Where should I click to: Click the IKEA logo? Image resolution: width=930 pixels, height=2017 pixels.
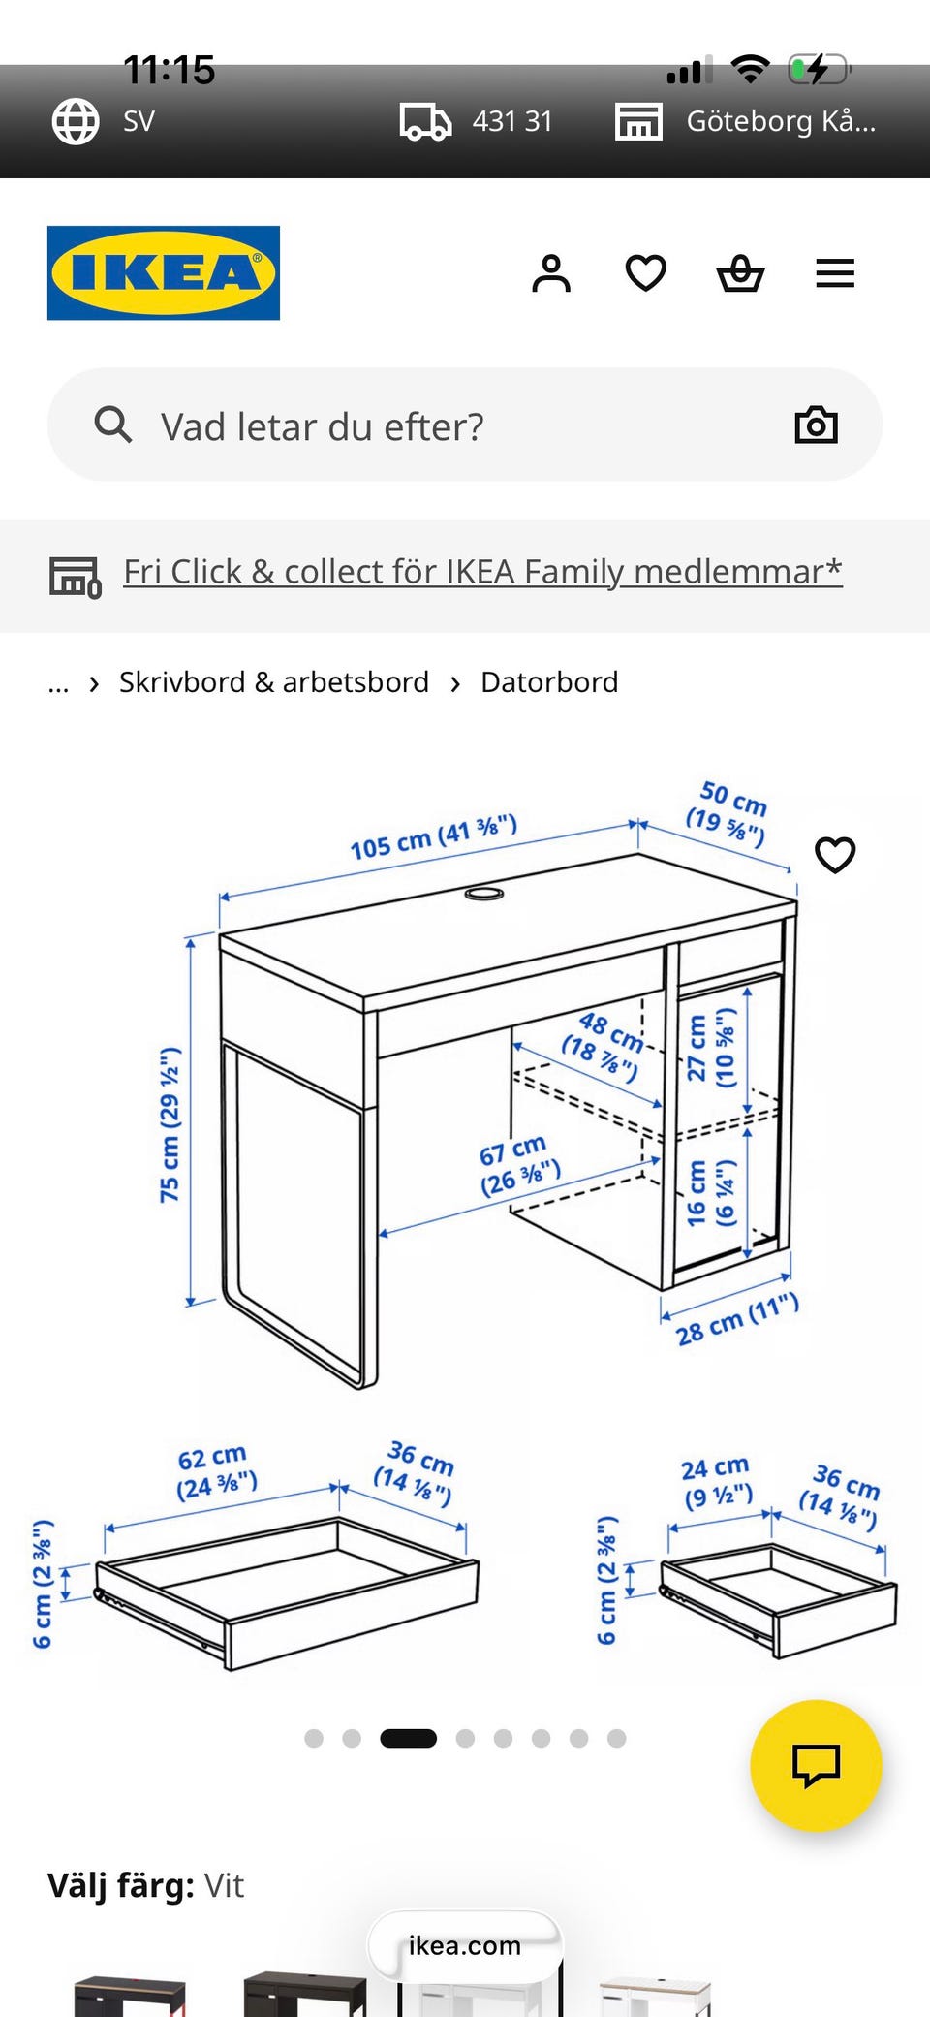164,272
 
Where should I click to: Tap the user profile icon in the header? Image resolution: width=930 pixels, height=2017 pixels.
551,273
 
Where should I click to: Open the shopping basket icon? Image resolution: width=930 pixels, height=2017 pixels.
741,273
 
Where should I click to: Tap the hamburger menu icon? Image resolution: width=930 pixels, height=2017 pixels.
835,273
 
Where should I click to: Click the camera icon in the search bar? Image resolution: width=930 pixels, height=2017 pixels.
816,425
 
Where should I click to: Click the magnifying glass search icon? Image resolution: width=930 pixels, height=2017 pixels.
112,425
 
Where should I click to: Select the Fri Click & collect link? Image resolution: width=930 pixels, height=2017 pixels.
482,572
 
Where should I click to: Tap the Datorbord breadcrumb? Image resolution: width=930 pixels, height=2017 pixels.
549,682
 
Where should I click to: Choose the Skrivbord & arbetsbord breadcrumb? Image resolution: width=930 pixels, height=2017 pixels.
274,682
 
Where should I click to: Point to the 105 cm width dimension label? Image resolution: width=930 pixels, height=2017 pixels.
434,837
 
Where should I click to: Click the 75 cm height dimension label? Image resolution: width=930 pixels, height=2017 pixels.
170,1124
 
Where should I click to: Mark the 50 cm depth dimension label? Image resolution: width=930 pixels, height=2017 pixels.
728,812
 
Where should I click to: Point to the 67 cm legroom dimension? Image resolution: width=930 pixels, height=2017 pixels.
519,1166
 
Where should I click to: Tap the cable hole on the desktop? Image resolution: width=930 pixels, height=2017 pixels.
484,893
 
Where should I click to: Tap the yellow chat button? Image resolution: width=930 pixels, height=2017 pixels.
816,1765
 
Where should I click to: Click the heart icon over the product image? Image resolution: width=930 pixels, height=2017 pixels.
835,855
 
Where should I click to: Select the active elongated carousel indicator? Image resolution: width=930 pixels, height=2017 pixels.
408,1738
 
